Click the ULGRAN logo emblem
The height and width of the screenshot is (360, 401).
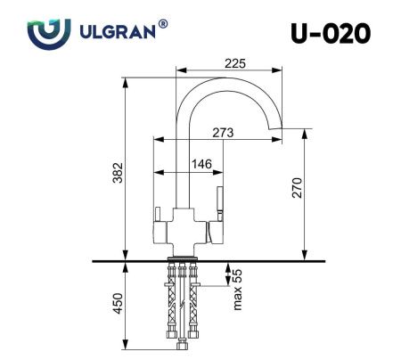point(45,33)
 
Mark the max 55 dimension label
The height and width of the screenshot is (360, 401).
point(238,290)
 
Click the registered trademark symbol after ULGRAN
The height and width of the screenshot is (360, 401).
point(162,25)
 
